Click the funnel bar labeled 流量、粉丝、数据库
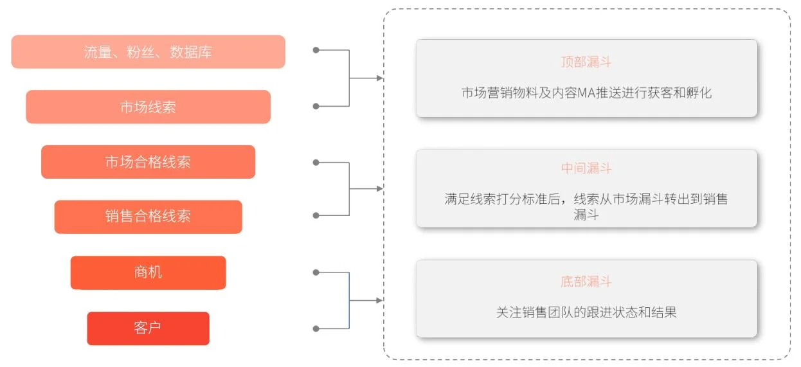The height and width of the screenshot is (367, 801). pyautogui.click(x=148, y=52)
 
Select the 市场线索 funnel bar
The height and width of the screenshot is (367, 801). pyautogui.click(x=148, y=107)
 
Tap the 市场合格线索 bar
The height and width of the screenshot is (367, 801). pyautogui.click(x=148, y=162)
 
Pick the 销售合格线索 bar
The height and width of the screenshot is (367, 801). pyautogui.click(x=148, y=217)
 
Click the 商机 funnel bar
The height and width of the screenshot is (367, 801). pyautogui.click(x=148, y=273)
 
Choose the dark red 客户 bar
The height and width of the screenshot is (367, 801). pyautogui.click(x=148, y=328)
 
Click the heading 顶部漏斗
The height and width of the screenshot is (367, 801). pyautogui.click(x=586, y=62)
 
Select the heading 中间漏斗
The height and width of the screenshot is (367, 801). pyautogui.click(x=586, y=168)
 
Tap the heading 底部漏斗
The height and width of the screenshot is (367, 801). pyautogui.click(x=586, y=282)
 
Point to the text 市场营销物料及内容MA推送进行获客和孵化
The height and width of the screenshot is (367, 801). pyautogui.click(x=586, y=93)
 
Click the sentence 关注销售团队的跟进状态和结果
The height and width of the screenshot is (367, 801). pyautogui.click(x=586, y=312)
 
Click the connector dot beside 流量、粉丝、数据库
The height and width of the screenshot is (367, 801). pyautogui.click(x=316, y=50)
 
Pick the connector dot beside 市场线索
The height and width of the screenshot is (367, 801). pyautogui.click(x=316, y=106)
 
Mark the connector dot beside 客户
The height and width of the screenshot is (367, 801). pyautogui.click(x=316, y=328)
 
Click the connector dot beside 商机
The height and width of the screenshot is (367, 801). pyautogui.click(x=316, y=273)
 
